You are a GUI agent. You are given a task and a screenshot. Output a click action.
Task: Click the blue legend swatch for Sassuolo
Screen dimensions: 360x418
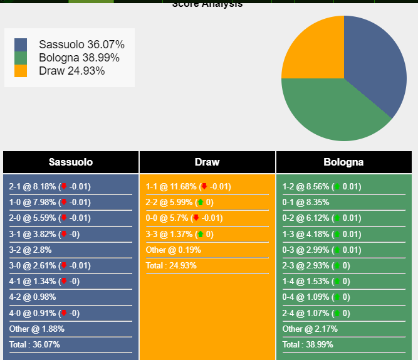tap(21, 45)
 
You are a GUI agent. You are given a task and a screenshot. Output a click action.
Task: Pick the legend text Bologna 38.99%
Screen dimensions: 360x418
tap(79, 58)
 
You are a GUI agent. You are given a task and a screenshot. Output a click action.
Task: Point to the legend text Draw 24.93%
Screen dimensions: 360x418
tap(71, 70)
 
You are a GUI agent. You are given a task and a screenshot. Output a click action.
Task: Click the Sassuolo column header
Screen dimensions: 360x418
tap(71, 162)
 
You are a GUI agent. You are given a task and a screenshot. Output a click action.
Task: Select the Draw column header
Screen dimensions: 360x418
tap(207, 162)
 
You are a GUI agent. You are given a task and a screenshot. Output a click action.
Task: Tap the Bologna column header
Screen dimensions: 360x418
tap(343, 162)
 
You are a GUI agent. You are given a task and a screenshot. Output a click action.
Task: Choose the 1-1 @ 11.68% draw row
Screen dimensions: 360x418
tap(188, 186)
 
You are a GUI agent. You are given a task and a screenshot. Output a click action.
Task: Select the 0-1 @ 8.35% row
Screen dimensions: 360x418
tap(305, 202)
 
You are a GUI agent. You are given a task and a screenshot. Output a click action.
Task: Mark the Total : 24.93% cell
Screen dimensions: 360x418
tap(171, 265)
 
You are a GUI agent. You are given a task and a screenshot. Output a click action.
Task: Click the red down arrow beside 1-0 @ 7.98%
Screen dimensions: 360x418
tap(63, 202)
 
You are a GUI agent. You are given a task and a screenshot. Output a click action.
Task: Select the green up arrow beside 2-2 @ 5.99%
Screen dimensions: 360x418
tap(200, 202)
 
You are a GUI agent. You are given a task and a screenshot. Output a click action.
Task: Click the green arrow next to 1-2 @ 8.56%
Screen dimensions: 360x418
tap(337, 186)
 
